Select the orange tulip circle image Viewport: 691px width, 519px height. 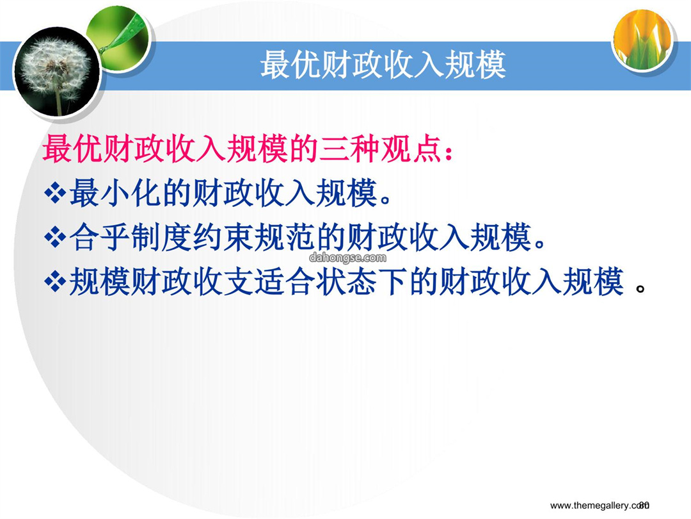tap(643, 39)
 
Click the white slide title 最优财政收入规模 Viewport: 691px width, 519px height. tap(383, 65)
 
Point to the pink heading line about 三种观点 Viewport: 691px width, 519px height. tap(248, 148)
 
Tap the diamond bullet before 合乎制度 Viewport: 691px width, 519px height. tap(55, 238)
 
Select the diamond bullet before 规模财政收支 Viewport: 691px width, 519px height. tap(55, 281)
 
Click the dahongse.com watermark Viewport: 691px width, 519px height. tap(347, 258)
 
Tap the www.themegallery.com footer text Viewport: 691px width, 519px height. tap(598, 506)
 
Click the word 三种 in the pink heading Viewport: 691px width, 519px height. tap(349, 148)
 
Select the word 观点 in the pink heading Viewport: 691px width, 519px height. tap(411, 148)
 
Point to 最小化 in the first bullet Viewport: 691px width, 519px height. tap(115, 193)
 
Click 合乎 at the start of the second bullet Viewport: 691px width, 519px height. tap(100, 238)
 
